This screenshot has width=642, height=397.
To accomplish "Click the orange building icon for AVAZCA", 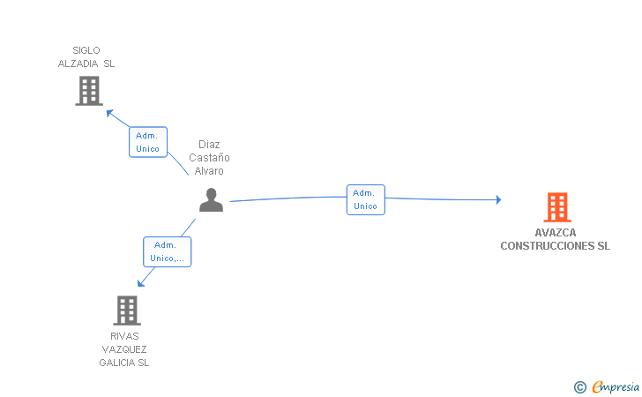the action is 557,207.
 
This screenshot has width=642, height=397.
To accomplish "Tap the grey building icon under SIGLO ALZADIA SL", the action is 89,91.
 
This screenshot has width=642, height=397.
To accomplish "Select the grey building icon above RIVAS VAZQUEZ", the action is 127,311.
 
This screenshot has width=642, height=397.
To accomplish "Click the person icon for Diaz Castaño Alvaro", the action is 212,200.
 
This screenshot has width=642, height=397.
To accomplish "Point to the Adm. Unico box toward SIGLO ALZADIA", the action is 148,142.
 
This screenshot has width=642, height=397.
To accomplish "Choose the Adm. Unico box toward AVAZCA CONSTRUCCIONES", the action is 366,199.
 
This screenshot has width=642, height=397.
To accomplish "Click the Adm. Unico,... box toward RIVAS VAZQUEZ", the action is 167,251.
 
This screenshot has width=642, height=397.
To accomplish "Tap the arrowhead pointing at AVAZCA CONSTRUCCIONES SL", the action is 498,199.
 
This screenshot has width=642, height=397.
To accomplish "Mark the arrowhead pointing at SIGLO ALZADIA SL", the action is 109,113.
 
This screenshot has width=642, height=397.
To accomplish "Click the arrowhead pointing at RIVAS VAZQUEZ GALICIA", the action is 141,282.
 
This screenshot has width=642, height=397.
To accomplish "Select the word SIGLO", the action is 86,50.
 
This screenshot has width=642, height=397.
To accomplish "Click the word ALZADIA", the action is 78,64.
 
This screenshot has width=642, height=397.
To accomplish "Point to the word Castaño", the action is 209,158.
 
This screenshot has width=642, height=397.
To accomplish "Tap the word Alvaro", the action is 209,171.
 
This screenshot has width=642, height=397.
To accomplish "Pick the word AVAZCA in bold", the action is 556,233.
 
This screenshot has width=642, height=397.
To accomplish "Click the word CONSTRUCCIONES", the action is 548,246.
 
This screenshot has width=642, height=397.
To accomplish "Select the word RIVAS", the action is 124,336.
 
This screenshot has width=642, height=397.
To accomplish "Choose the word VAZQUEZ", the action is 124,349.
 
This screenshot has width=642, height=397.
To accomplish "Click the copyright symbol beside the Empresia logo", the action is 580,387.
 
